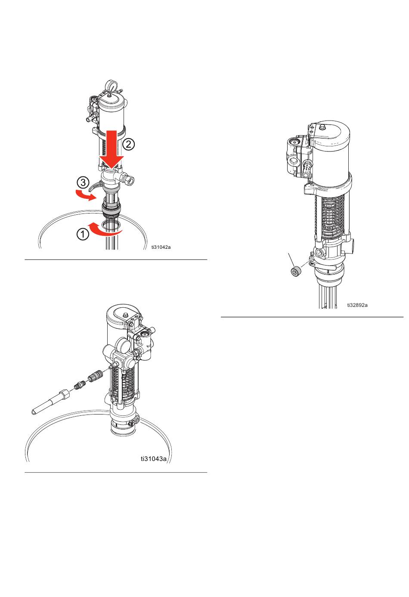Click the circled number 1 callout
pyautogui.click(x=83, y=234)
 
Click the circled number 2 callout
pyautogui.click(x=129, y=144)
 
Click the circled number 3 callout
pyautogui.click(x=83, y=183)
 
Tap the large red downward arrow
pyautogui.click(x=112, y=149)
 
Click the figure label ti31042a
pyautogui.click(x=161, y=247)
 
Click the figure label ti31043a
pyautogui.click(x=154, y=458)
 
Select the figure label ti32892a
pyautogui.click(x=357, y=305)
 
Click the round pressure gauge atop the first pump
pyautogui.click(x=112, y=86)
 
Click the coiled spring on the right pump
pyautogui.click(x=332, y=218)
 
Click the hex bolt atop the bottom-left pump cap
pyautogui.click(x=125, y=315)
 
